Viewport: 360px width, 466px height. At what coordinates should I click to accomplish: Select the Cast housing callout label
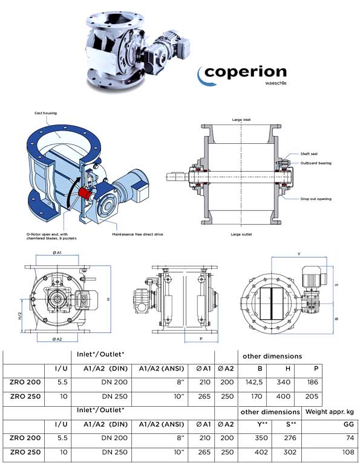point(46,112)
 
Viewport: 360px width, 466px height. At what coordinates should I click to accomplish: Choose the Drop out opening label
point(315,198)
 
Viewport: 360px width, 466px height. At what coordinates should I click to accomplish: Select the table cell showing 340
point(285,383)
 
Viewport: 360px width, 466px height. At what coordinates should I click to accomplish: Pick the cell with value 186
point(312,383)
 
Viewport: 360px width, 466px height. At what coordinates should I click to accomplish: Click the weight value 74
point(349,437)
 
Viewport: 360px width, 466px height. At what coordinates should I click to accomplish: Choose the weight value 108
point(347,452)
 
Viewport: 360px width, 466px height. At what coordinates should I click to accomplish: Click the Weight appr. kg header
point(329,412)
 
